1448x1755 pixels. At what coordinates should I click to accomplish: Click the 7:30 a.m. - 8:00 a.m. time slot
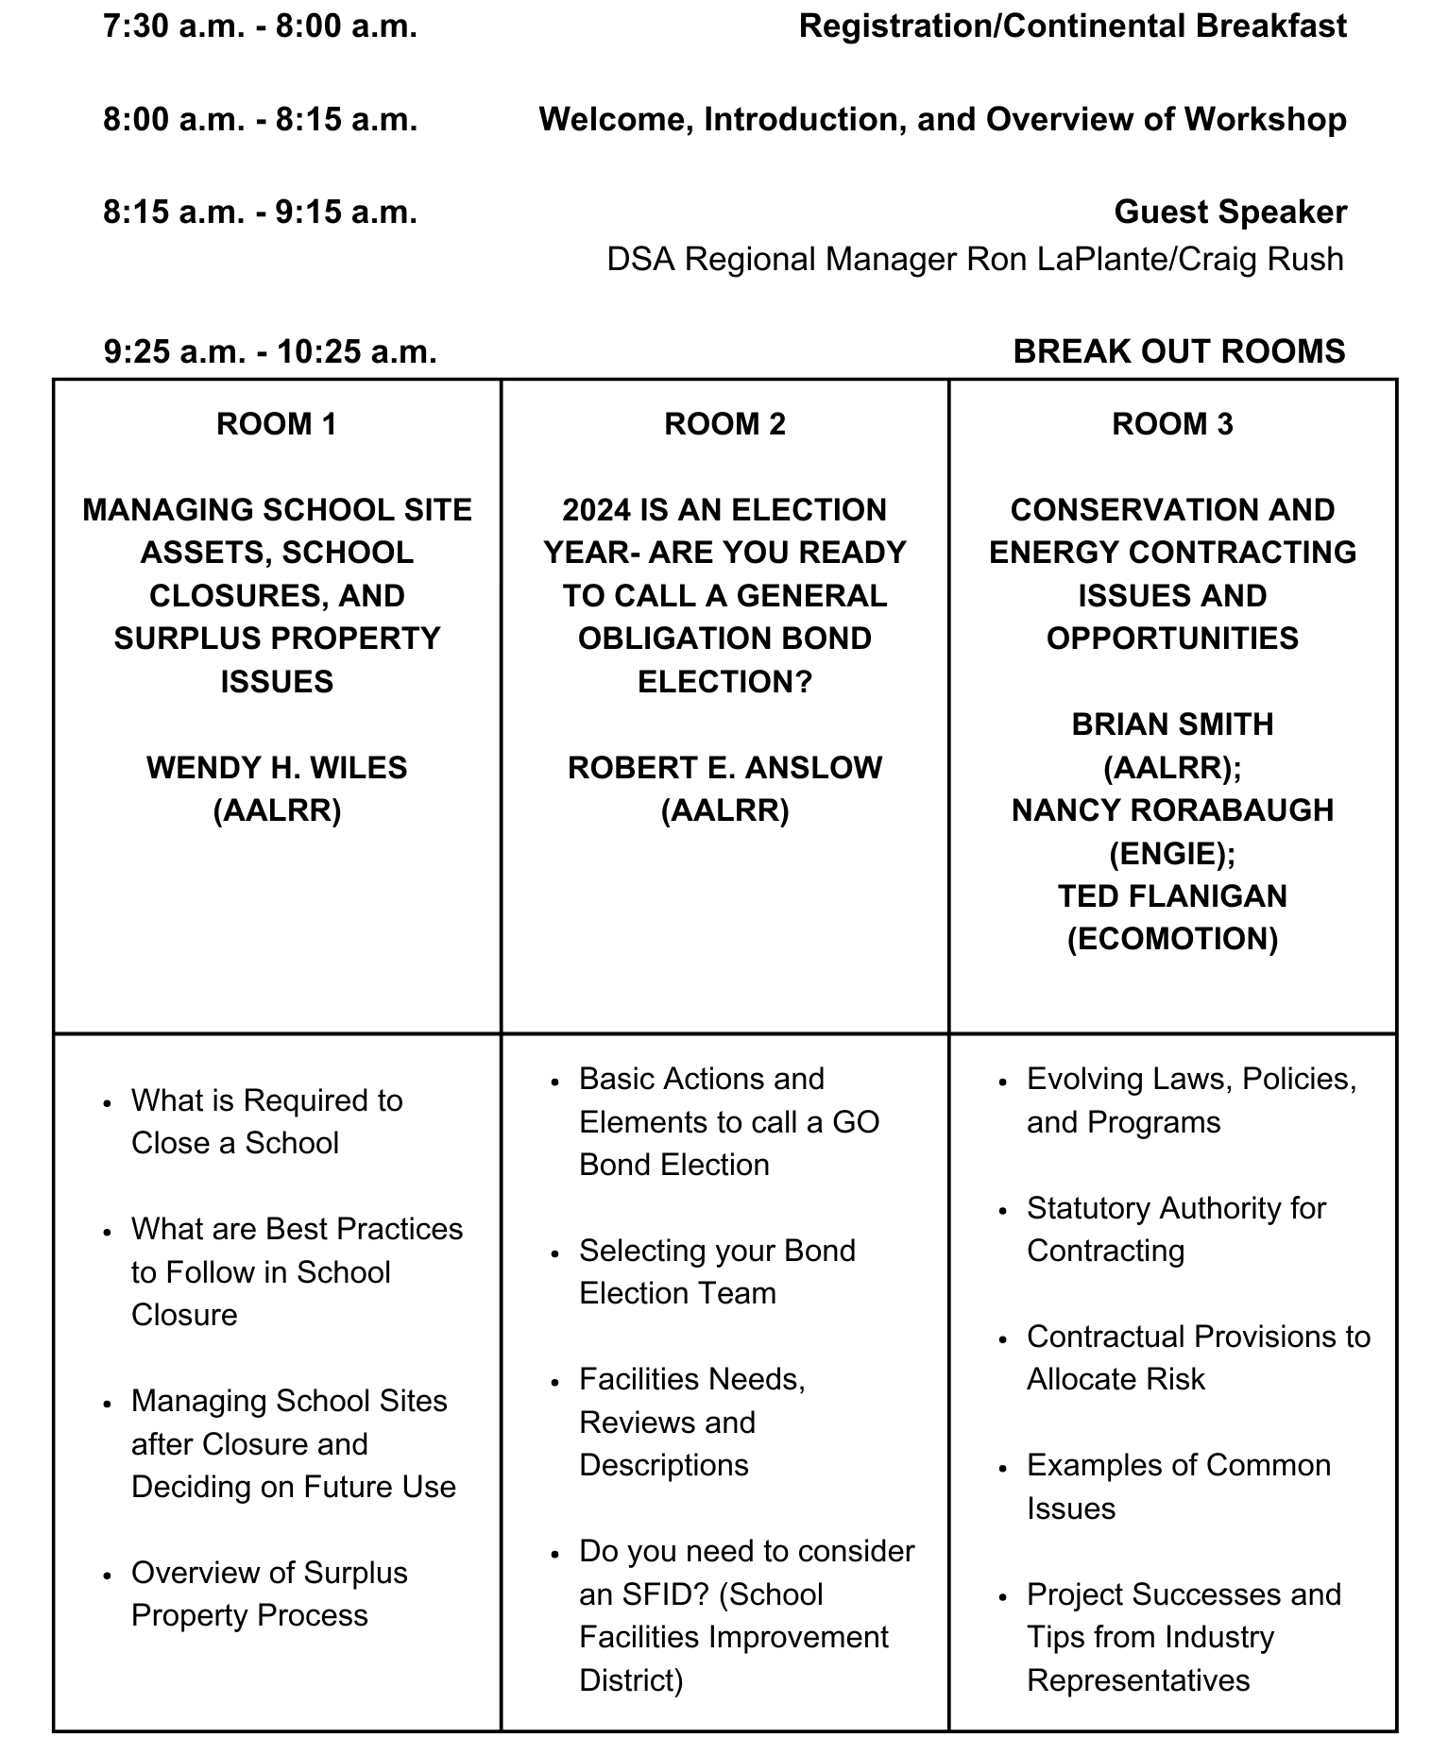260,26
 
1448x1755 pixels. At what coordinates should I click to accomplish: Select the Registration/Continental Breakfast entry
1072,26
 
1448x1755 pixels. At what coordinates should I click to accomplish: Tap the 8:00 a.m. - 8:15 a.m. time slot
260,120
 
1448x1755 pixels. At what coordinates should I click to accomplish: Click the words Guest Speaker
1230,212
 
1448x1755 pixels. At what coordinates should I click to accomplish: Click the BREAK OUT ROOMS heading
1179,351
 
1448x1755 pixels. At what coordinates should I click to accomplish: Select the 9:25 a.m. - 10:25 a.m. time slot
270,351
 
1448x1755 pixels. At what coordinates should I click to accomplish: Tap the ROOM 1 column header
277,424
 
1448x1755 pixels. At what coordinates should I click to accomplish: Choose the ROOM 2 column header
724,424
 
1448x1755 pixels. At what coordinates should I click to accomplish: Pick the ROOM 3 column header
1172,424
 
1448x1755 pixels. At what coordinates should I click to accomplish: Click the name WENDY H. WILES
277,768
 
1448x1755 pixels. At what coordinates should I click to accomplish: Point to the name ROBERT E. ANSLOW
724,768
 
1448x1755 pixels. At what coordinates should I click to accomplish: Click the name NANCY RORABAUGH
1172,810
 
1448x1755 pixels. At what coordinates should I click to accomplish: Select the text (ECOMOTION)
1172,939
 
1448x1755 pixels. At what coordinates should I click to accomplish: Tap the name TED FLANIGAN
1172,896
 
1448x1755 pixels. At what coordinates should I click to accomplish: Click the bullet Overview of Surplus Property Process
270,1594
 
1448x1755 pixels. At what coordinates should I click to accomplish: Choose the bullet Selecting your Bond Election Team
717,1272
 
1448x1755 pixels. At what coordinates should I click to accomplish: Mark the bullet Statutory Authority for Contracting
1176,1229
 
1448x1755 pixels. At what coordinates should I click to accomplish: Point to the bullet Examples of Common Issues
1178,1487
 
